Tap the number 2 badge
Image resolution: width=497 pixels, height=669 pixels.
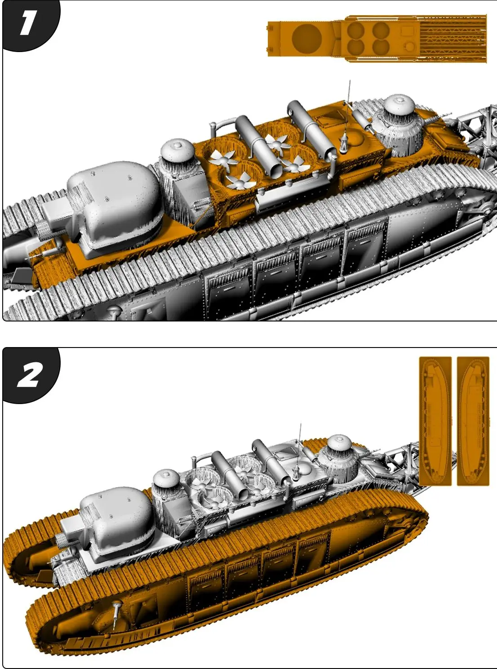click(29, 375)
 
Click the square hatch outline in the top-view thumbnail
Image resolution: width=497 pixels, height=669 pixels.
click(407, 31)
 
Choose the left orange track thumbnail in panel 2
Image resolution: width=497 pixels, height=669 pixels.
click(435, 421)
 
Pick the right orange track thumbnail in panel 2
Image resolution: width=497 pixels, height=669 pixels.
click(473, 421)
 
